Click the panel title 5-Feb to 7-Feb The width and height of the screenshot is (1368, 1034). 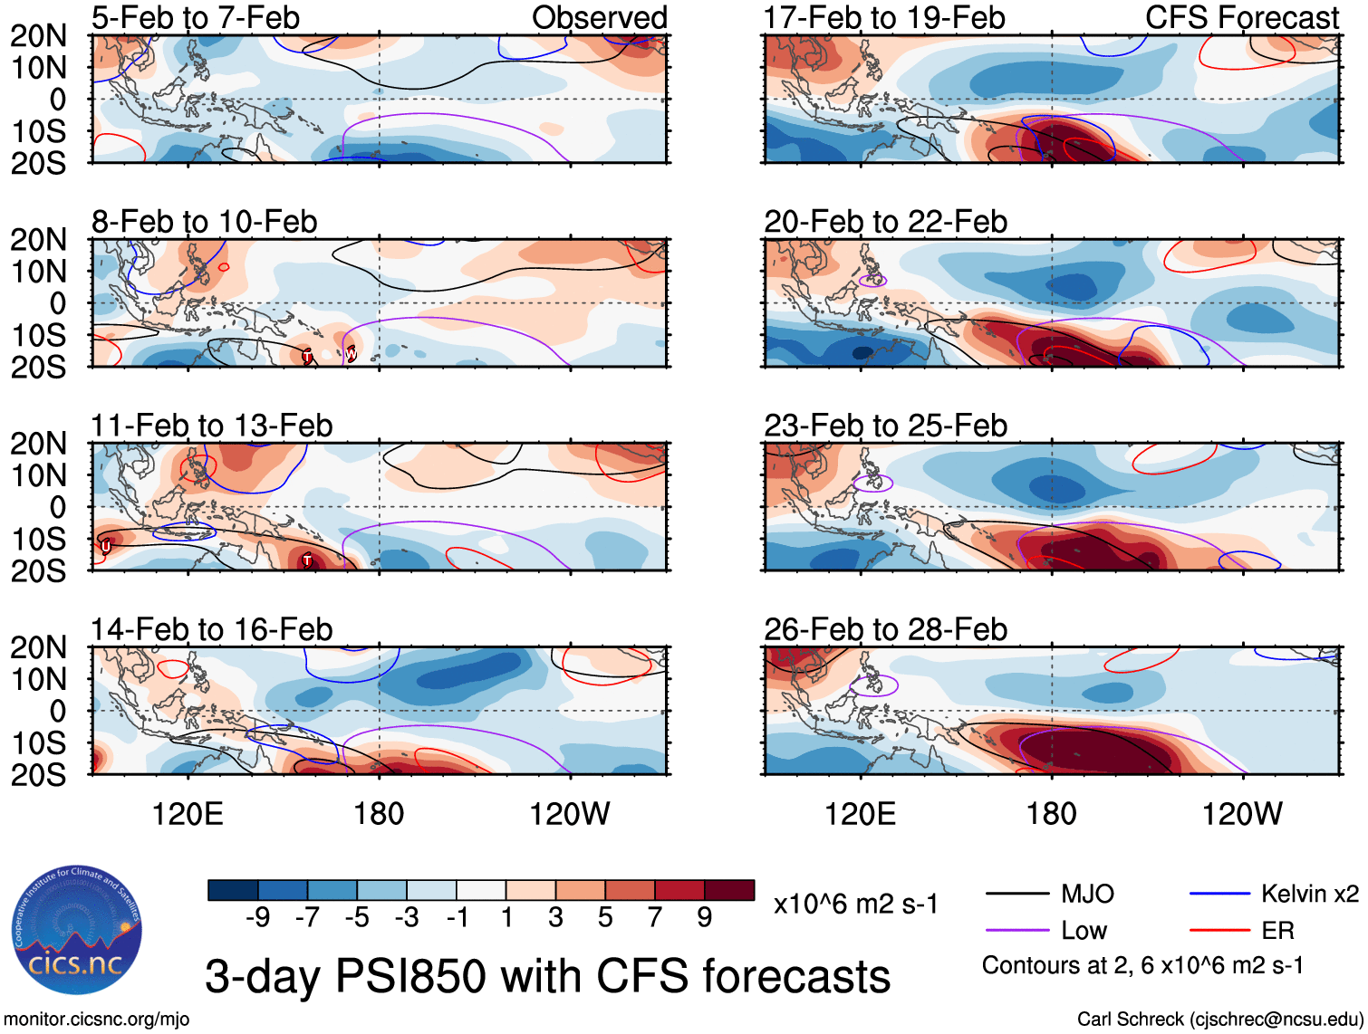pyautogui.click(x=195, y=17)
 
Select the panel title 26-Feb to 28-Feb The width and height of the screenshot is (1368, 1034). pyautogui.click(x=885, y=629)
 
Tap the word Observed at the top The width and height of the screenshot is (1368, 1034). pyautogui.click(x=599, y=17)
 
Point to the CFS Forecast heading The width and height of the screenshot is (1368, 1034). pyautogui.click(x=1241, y=17)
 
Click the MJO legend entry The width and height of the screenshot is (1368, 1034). pyautogui.click(x=1087, y=895)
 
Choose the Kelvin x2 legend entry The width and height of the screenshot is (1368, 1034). pyautogui.click(x=1309, y=895)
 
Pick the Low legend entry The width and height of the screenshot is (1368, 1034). pyautogui.click(x=1084, y=931)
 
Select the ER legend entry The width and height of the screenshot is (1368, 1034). pyautogui.click(x=1277, y=931)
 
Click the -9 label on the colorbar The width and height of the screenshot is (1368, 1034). pyautogui.click(x=257, y=918)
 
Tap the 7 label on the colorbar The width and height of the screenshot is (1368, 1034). pyautogui.click(x=655, y=918)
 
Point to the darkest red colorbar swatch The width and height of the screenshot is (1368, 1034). pyautogui.click(x=729, y=890)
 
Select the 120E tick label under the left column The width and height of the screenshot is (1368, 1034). pyautogui.click(x=188, y=814)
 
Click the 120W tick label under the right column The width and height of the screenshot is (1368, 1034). pyautogui.click(x=1242, y=814)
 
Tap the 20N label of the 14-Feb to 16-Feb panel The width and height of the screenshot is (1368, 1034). pyautogui.click(x=38, y=647)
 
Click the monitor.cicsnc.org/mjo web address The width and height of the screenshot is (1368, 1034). pyautogui.click(x=97, y=1020)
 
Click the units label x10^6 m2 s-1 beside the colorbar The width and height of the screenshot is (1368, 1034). pyautogui.click(x=855, y=905)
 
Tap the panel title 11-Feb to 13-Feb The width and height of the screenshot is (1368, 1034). pyautogui.click(x=212, y=426)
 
